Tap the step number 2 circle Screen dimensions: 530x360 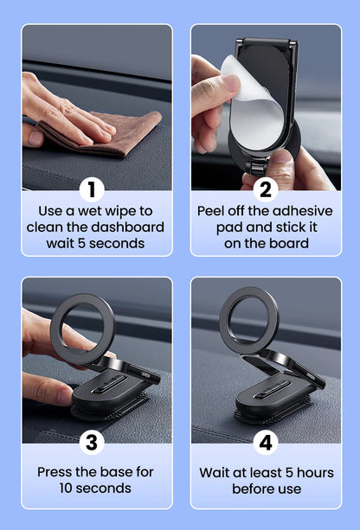tap(265, 189)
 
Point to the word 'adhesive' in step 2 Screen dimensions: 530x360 tap(298, 210)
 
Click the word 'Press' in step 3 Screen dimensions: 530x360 tap(57, 472)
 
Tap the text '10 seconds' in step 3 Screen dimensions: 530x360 tap(96, 488)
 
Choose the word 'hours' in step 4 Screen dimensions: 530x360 tap(302, 472)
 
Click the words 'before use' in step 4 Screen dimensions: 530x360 tap(266, 488)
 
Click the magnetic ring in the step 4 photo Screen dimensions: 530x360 tap(248, 324)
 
